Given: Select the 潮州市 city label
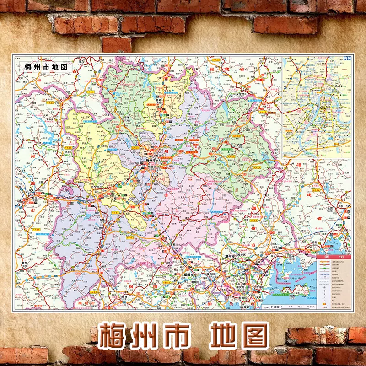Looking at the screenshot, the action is (231, 255).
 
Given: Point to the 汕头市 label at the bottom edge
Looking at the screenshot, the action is (247, 306).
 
